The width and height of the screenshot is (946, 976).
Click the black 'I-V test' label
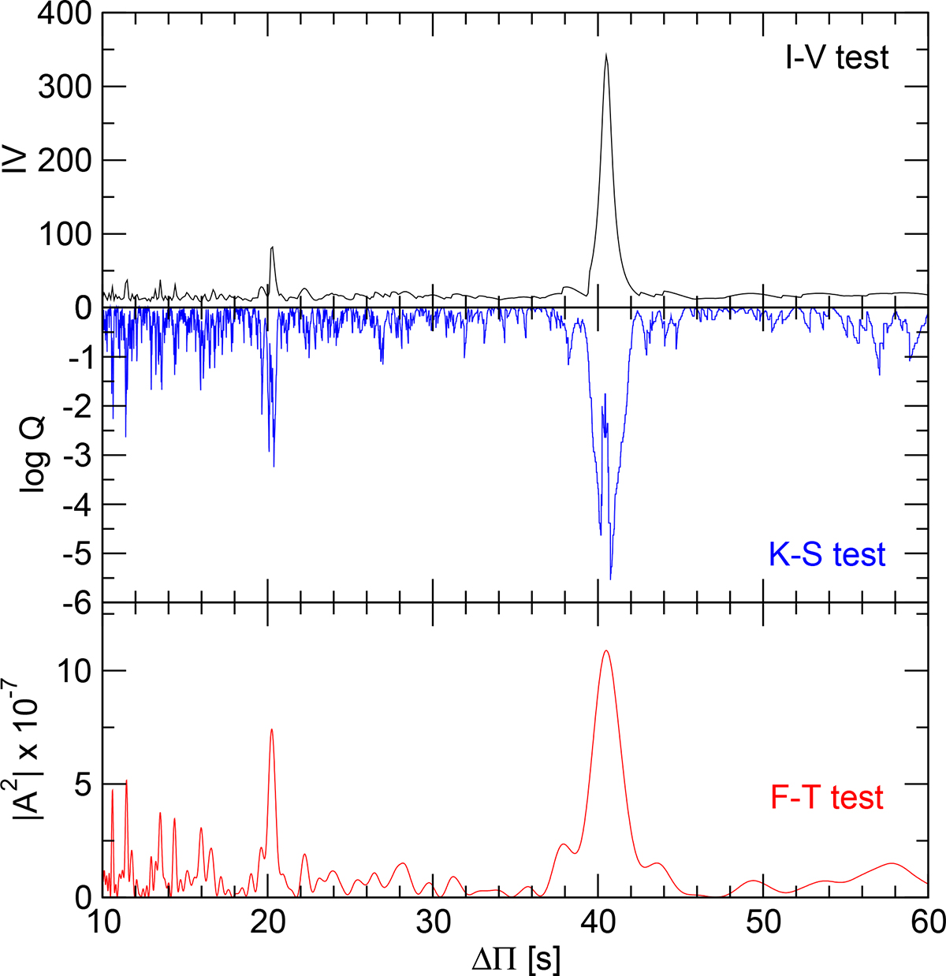click(836, 57)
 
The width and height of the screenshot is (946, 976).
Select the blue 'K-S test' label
click(827, 554)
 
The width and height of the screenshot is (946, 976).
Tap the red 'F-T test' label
click(826, 798)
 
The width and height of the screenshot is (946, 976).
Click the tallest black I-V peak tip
click(605, 54)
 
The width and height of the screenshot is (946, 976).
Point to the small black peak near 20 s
click(272, 248)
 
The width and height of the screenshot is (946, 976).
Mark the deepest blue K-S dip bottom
click(610, 579)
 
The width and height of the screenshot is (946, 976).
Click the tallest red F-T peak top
click(605, 651)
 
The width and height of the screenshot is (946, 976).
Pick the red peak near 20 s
click(271, 729)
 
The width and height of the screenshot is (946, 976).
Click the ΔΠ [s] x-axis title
click(517, 960)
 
